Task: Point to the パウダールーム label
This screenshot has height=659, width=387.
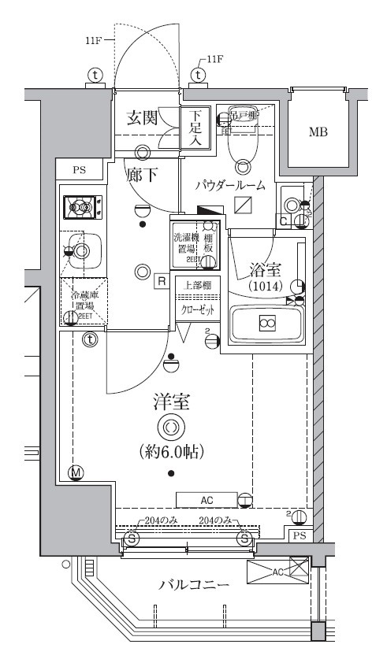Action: coord(235,186)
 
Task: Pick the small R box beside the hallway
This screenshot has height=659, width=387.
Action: coord(160,280)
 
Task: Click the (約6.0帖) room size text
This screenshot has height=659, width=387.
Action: coord(171,454)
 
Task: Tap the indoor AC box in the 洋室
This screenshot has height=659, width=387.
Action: coord(206,500)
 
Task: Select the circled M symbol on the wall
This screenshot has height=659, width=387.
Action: coord(76,472)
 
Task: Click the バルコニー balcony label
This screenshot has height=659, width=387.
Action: coord(194,585)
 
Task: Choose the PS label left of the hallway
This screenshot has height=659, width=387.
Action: coord(79,169)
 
